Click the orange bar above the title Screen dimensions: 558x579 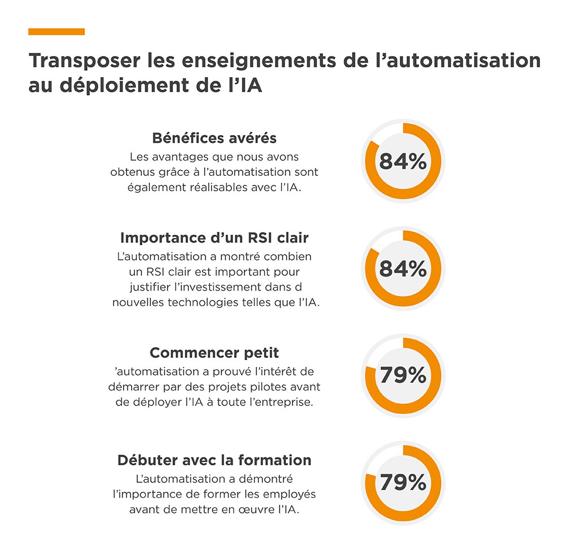coord(57,32)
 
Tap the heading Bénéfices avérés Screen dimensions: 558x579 coord(214,138)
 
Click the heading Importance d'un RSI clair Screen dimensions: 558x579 coord(214,238)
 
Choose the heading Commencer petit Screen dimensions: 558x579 coord(214,353)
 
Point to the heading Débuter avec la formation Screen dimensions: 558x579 coord(214,460)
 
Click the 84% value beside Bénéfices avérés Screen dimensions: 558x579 coord(403,162)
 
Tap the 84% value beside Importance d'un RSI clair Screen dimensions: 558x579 coord(403,269)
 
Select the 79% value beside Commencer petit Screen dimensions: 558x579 coord(403,375)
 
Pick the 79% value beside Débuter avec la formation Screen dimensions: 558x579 coord(403,483)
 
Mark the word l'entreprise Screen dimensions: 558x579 coord(284,403)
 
